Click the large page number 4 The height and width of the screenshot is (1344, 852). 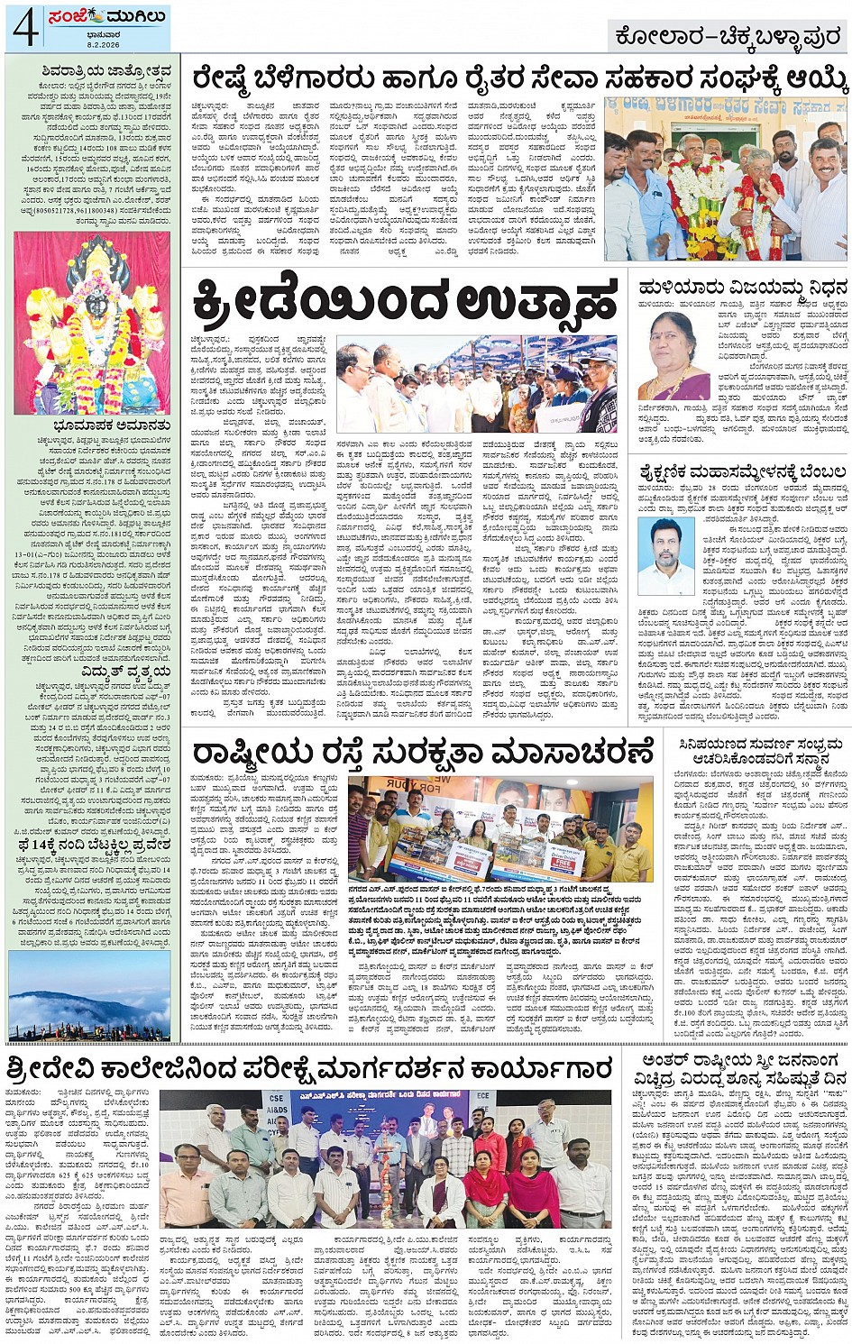(24, 28)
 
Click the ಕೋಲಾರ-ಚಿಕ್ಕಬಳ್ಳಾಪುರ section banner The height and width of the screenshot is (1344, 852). (729, 36)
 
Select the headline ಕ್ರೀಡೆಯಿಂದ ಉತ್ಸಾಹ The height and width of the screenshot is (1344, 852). (406, 301)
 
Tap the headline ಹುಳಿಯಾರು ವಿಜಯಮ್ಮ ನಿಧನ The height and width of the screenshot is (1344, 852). (742, 287)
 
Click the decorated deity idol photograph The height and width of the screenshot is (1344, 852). (92, 322)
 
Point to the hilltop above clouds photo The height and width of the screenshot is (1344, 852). (88, 995)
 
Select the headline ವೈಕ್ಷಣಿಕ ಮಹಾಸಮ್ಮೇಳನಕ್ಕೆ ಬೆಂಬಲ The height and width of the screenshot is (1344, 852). (742, 471)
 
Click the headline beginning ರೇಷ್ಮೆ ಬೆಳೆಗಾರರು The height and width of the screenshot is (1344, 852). (519, 79)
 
